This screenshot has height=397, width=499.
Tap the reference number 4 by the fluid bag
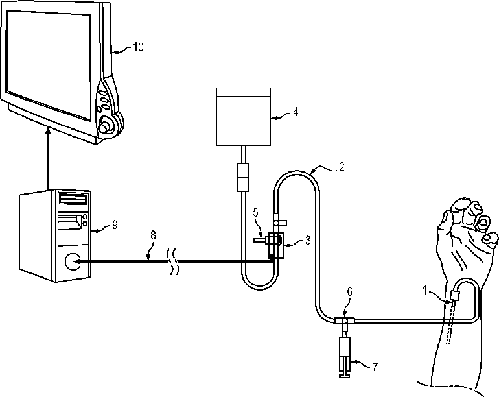pos(296,112)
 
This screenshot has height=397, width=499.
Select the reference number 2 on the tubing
pos(341,166)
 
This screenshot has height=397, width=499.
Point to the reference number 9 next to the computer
pos(114,225)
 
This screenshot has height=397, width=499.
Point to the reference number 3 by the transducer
pos(308,240)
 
